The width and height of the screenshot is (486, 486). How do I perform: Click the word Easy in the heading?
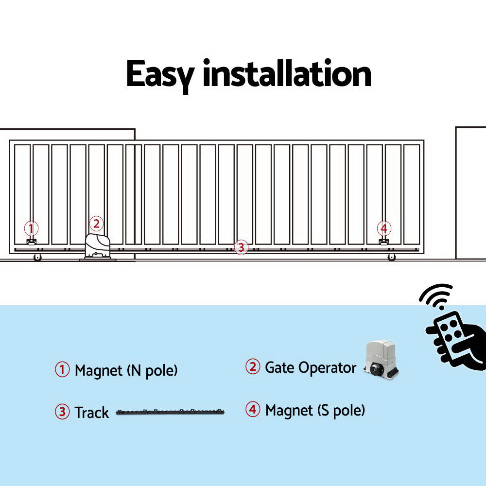(159, 74)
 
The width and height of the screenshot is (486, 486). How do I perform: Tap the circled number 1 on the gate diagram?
(31, 228)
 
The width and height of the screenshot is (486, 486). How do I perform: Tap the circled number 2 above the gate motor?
(96, 224)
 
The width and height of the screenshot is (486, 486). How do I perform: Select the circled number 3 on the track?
(241, 247)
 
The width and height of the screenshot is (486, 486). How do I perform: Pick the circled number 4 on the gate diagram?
(384, 228)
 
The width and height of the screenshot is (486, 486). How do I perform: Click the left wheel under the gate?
(37, 258)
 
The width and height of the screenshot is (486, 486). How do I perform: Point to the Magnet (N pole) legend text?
(126, 371)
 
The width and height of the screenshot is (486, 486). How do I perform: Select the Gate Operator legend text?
(310, 367)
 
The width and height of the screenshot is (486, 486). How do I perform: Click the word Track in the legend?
(91, 413)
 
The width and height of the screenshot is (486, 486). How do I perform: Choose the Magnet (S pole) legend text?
(314, 410)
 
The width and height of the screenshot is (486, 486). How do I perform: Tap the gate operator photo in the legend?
(382, 360)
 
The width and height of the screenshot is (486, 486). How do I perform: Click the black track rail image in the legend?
(170, 412)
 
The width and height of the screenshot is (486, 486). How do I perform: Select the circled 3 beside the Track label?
(62, 412)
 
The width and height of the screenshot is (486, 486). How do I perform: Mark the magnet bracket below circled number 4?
(383, 242)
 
